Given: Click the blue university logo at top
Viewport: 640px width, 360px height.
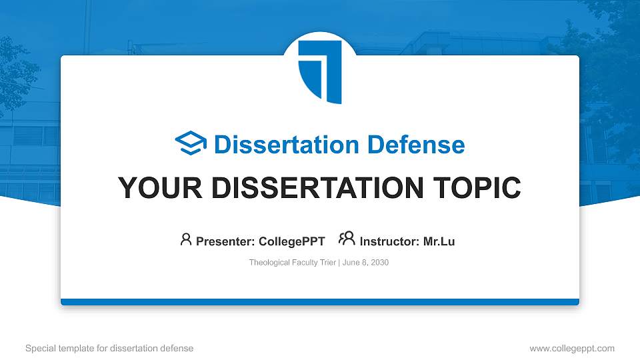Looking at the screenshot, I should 320,70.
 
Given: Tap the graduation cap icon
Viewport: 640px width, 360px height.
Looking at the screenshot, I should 191,144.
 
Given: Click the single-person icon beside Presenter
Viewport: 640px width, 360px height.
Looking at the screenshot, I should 186,240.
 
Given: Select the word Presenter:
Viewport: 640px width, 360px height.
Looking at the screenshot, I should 222,241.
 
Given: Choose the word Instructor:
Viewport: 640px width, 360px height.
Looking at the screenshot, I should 389,241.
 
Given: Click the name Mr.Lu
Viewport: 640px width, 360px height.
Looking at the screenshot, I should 439,241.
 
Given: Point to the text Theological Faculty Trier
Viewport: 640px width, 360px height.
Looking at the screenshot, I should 293,263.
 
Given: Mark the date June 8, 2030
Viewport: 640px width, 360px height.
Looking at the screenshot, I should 366,263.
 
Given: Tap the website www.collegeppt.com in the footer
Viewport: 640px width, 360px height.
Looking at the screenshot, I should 572,348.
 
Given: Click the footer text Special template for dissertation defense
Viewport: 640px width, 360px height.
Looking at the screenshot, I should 109,348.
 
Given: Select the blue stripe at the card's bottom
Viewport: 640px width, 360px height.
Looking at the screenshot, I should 320,302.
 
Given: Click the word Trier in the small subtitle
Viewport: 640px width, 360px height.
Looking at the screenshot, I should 329,263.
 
